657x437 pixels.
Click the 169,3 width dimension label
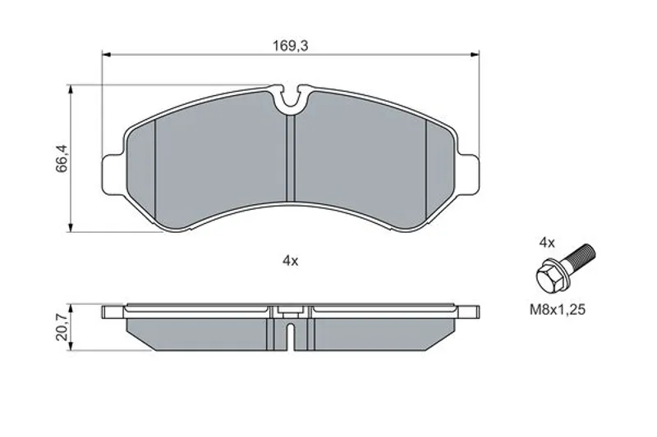[x=291, y=46]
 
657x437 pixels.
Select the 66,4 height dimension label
[x=61, y=159]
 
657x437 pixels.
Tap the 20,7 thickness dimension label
[x=61, y=327]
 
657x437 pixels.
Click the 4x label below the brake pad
[x=290, y=262]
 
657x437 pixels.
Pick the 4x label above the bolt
[x=547, y=243]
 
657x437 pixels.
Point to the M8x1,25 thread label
[x=558, y=310]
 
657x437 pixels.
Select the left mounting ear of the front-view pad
[x=114, y=175]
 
